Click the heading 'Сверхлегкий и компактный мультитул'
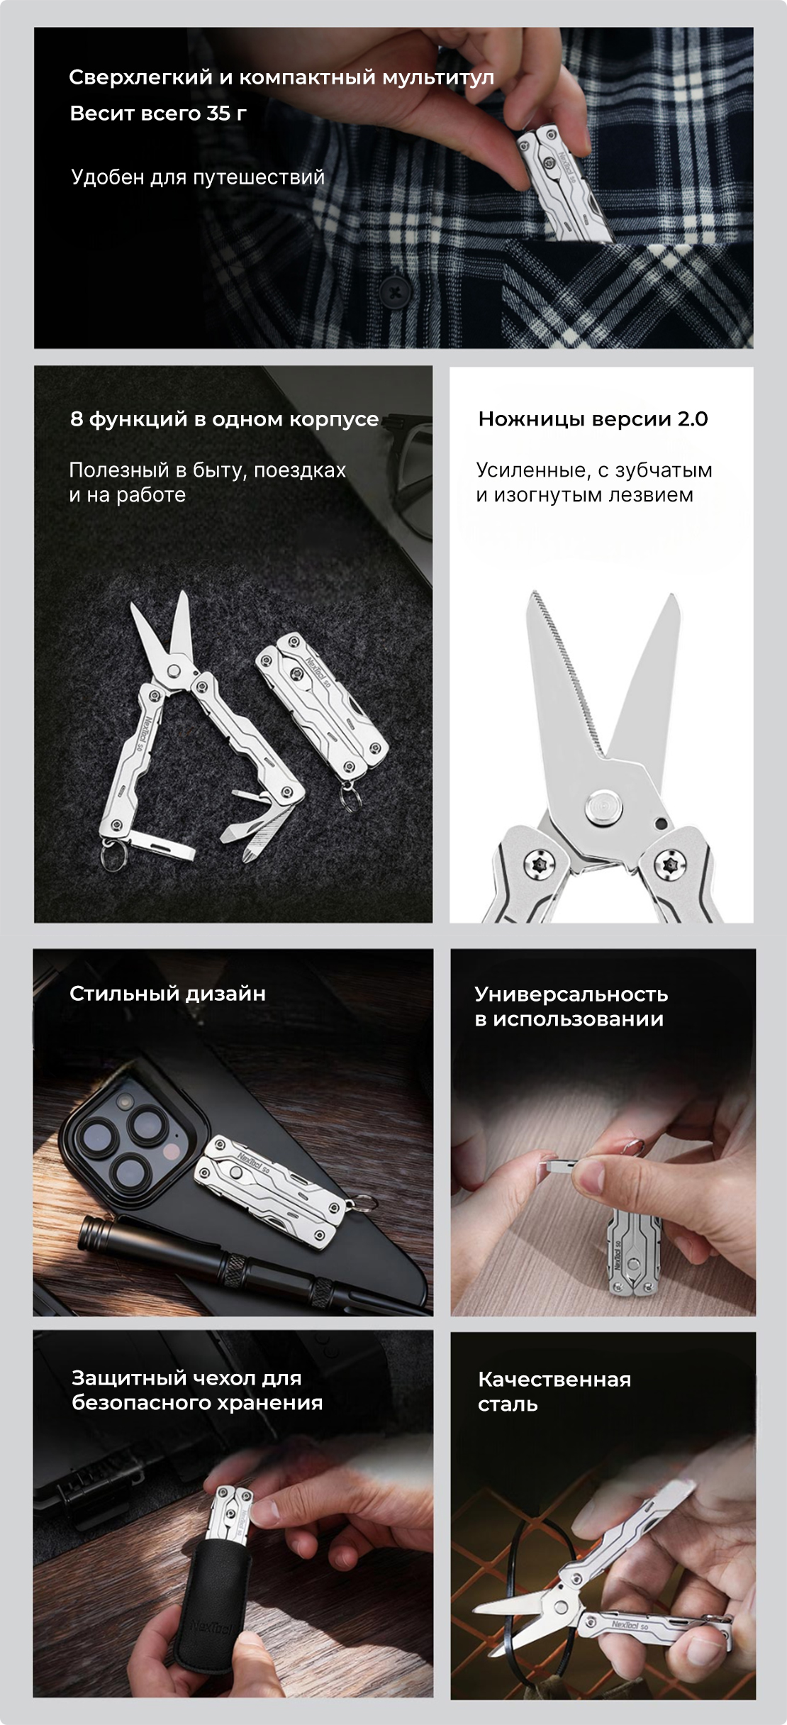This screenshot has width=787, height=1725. tap(281, 78)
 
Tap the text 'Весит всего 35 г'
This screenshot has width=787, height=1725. tap(158, 113)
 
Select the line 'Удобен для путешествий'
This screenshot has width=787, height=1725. tap(198, 177)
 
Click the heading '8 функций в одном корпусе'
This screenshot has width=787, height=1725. tap(224, 419)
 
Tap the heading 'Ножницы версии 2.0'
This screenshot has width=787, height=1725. tap(593, 419)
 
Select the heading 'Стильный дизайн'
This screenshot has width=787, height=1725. tap(167, 994)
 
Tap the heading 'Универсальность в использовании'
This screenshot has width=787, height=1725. tap(571, 1006)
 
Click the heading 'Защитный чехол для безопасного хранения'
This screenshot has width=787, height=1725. tap(197, 1390)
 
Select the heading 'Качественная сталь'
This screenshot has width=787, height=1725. tap(554, 1392)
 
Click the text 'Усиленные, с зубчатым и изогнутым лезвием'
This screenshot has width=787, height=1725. tap(594, 482)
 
